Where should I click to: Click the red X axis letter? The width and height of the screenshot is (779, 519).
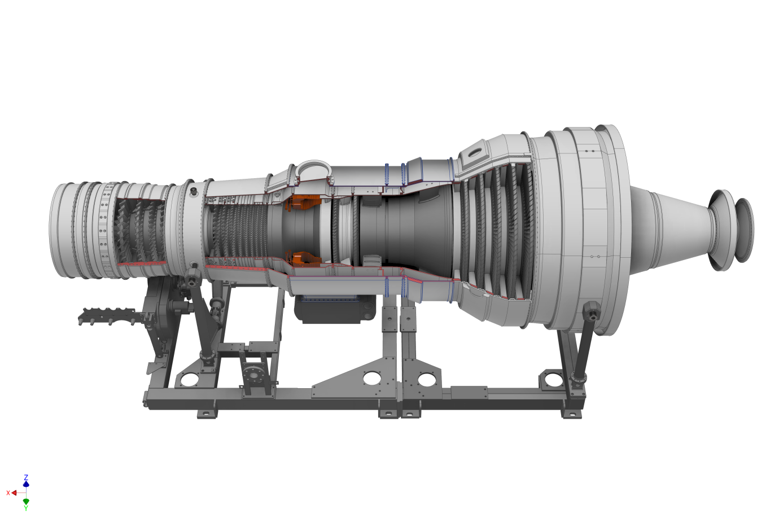pyautogui.click(x=8, y=493)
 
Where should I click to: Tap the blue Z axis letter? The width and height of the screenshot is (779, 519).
pyautogui.click(x=26, y=477)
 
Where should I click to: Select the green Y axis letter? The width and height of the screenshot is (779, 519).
pyautogui.click(x=26, y=508)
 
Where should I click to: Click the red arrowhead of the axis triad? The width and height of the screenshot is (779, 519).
pyautogui.click(x=14, y=493)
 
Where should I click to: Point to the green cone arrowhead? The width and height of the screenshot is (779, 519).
pyautogui.click(x=26, y=502)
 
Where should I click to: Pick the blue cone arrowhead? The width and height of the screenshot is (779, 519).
pyautogui.click(x=26, y=484)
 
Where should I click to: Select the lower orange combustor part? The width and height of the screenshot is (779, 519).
pyautogui.click(x=303, y=259)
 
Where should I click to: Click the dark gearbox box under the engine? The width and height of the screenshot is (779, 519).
pyautogui.click(x=335, y=309)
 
